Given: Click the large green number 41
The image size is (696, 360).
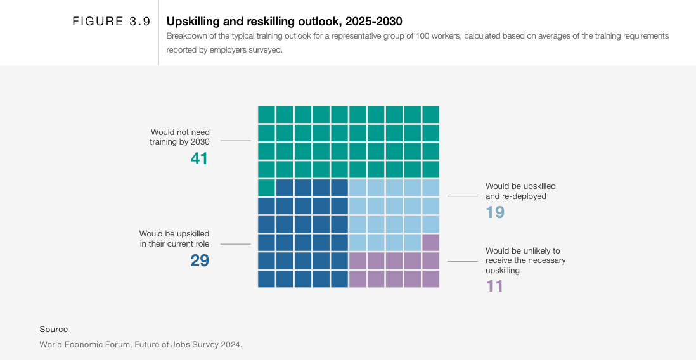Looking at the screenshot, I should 199,158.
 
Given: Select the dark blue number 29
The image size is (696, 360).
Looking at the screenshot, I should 200,260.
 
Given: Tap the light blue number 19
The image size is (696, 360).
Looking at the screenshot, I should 495,212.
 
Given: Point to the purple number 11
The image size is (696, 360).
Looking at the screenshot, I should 494,286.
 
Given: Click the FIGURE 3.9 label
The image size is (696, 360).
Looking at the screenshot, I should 111,22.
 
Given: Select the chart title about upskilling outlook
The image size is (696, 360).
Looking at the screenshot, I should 284,22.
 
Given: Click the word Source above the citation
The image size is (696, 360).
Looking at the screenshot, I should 53,330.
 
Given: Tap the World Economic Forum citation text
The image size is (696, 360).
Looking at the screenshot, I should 141,345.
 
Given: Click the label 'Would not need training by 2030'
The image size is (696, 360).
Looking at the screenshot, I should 180,137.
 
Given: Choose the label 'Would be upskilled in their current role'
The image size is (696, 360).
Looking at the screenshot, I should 174,239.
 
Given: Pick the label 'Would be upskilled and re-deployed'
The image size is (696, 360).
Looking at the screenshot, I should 520,191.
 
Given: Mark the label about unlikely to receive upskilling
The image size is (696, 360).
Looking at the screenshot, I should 525,260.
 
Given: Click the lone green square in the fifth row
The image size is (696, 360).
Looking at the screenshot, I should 266,188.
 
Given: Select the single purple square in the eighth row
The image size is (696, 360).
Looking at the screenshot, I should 430,243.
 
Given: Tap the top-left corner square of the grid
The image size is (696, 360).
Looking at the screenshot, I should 266,115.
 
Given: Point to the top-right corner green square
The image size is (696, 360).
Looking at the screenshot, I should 430,115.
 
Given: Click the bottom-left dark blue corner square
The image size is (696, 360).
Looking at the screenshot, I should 266,279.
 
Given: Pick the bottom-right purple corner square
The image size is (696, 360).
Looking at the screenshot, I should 430,279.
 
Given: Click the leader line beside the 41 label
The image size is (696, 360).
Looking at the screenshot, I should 235,141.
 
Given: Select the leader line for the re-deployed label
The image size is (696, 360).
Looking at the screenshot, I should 463,196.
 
